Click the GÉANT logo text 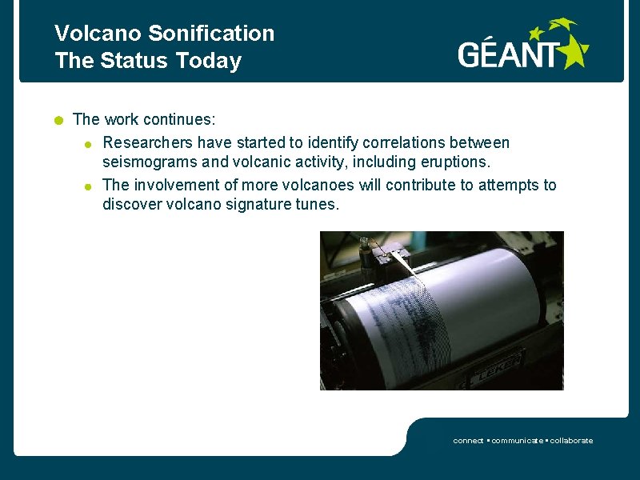tap(509, 54)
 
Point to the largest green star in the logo tap(574, 53)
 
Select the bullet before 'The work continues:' tap(58, 121)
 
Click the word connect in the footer tap(468, 441)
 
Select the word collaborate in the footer tap(571, 441)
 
